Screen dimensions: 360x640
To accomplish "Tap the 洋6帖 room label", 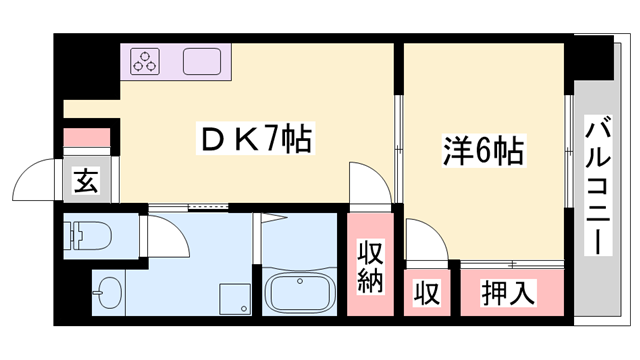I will coord(483,152).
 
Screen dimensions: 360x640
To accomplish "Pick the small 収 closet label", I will coord(427,294).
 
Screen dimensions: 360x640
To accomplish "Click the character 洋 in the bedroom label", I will coord(454,152).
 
